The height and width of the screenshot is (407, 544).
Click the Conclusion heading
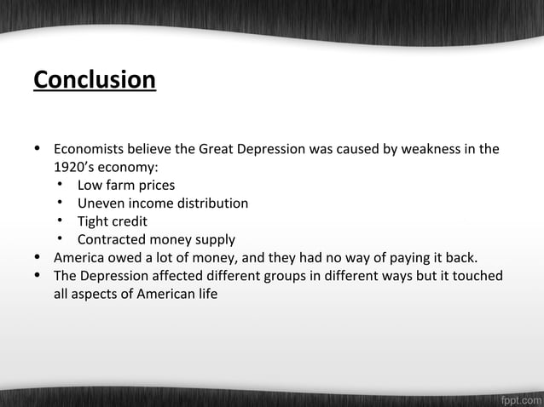[x=95, y=80]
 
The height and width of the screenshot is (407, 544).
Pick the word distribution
[x=213, y=203]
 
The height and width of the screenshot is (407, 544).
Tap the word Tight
[x=95, y=221]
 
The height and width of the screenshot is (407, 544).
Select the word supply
[x=215, y=239]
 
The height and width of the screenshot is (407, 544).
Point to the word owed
[x=130, y=258]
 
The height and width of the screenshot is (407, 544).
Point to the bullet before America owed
[x=38, y=258]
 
